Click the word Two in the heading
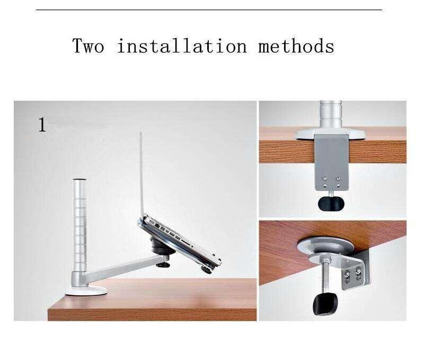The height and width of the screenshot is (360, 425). [88, 46]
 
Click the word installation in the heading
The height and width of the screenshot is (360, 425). [182, 46]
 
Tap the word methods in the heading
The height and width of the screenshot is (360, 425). [296, 46]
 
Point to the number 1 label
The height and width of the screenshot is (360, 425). [42, 125]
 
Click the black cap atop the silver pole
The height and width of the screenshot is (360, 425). [79, 180]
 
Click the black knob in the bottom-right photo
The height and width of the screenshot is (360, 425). [325, 304]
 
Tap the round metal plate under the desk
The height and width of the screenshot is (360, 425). [325, 245]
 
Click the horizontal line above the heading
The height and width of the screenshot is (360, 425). [209, 10]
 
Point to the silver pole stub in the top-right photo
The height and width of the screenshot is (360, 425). [331, 115]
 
